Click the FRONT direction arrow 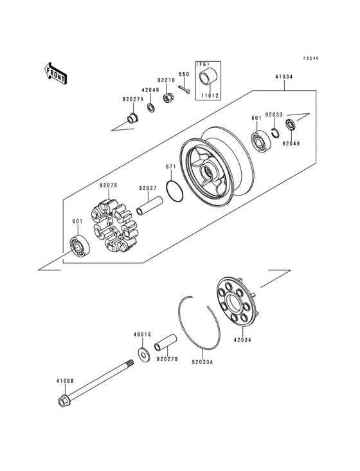(x=57, y=73)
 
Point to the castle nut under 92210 (x=169, y=99)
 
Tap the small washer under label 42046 (x=150, y=107)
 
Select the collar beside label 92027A (x=133, y=118)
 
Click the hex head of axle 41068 (x=64, y=403)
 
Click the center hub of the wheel (x=210, y=172)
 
